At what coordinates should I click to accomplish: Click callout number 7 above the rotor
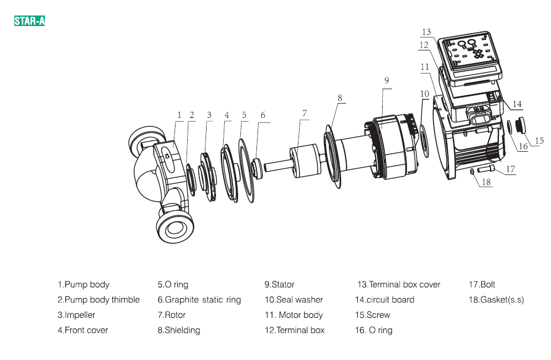click(x=304, y=113)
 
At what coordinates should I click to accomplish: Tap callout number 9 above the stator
click(x=387, y=80)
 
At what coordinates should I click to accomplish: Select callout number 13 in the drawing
click(x=426, y=32)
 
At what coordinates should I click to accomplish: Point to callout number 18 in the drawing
click(x=486, y=182)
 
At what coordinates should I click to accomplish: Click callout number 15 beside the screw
click(x=539, y=141)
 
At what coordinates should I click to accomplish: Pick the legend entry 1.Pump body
click(x=84, y=285)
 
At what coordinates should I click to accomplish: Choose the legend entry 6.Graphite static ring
click(x=199, y=300)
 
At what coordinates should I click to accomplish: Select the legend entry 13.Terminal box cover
click(x=399, y=285)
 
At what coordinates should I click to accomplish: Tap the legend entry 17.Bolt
click(x=482, y=285)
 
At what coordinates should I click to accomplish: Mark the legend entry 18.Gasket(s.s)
click(x=496, y=300)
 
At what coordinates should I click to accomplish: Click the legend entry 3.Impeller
click(x=76, y=315)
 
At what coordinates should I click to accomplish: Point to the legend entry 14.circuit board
click(x=384, y=300)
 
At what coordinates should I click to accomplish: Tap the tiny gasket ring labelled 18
click(x=471, y=172)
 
